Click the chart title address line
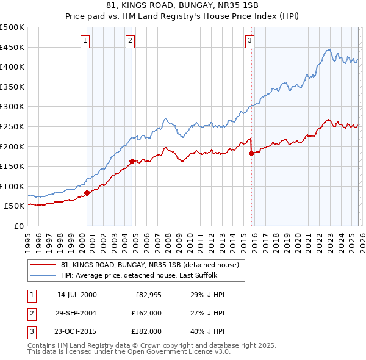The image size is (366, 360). click(x=182, y=6)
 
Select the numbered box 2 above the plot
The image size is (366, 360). click(x=131, y=41)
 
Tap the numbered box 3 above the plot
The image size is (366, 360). click(x=249, y=41)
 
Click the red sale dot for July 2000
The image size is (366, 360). click(x=87, y=193)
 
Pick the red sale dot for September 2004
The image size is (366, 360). click(x=132, y=162)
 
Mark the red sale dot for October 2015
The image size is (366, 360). click(x=251, y=154)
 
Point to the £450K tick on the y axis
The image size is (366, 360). click(x=12, y=47)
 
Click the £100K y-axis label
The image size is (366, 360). click(x=12, y=186)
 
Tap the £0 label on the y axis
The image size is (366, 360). click(x=18, y=226)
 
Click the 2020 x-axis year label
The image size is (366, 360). click(x=296, y=242)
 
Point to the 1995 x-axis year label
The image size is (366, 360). click(x=28, y=242)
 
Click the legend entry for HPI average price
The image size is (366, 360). click(x=134, y=275)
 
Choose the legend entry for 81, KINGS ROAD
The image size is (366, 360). click(x=152, y=265)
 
